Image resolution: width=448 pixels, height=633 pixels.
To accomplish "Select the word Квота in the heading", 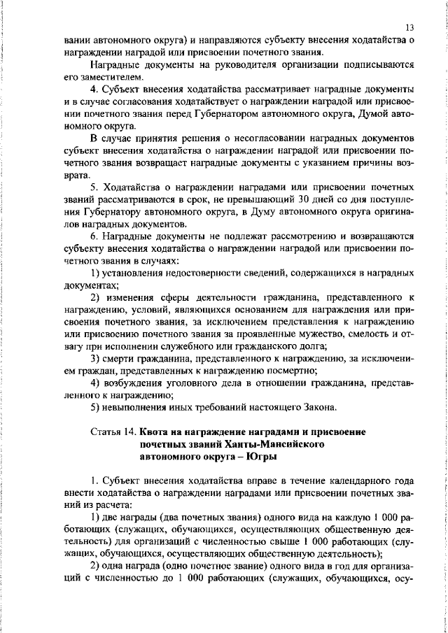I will (157, 432).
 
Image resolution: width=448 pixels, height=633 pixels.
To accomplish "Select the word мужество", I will (323, 332).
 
